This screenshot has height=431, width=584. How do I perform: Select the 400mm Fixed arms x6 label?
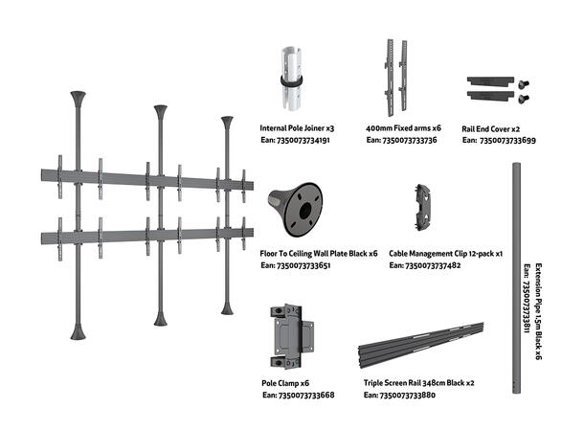coord(403,127)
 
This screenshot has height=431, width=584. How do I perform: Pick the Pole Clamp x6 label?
coord(285,382)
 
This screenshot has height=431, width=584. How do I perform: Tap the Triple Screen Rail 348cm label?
coord(419,382)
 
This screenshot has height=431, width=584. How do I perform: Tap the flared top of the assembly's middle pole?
coord(160,111)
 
